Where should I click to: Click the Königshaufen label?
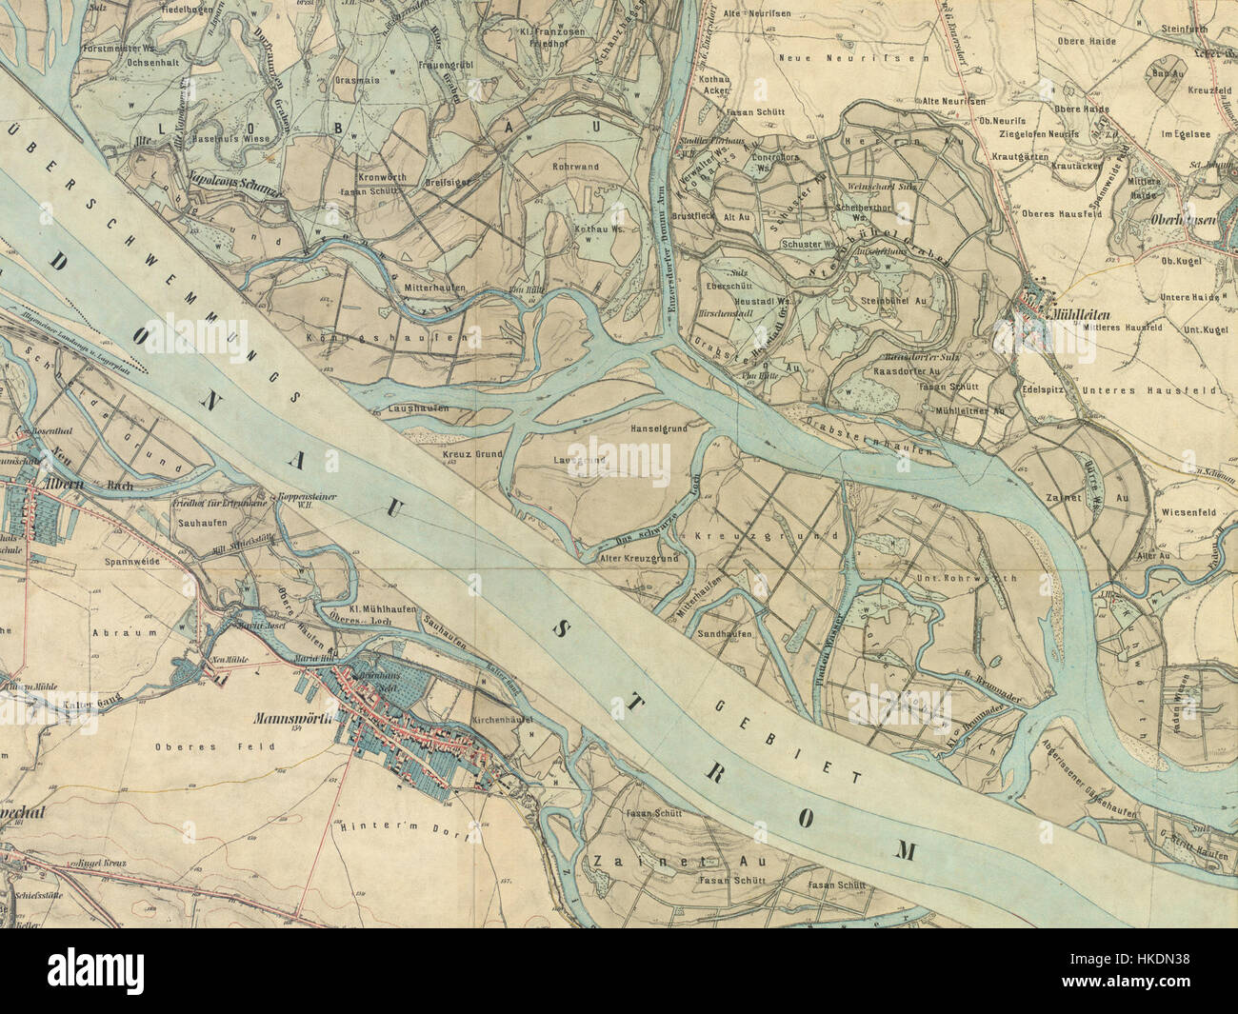click(x=387, y=338)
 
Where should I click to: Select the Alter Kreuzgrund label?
click(x=639, y=558)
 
